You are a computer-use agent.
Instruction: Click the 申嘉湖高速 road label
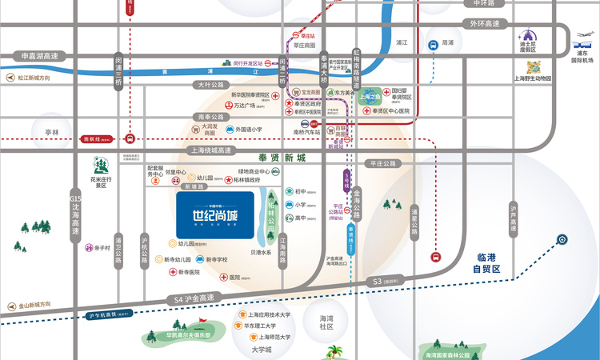coord(40,56)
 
